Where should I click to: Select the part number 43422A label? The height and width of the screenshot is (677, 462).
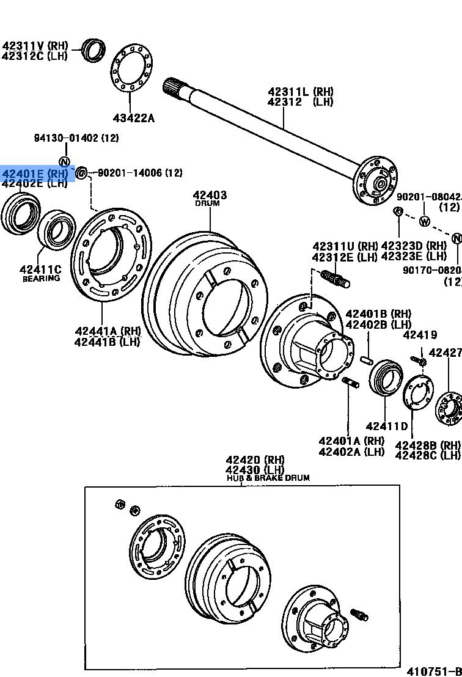133,117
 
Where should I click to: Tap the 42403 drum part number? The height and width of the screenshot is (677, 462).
210,195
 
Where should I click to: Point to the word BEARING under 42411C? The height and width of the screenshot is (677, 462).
42,279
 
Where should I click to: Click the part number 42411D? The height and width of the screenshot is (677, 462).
386,426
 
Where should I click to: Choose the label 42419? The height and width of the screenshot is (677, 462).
420,335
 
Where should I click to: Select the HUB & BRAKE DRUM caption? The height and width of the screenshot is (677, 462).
268,478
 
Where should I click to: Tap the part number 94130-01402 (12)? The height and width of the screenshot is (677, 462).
76,138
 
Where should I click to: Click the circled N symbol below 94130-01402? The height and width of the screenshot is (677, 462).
64,162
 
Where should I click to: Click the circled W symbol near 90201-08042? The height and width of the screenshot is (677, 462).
425,221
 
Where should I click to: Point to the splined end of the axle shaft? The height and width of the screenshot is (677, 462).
174,87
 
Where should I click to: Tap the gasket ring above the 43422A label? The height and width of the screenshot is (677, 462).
132,69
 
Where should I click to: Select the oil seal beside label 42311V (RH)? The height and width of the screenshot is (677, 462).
94,49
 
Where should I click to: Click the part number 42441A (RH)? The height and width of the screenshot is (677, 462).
108,331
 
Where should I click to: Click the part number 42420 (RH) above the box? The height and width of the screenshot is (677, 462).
255,460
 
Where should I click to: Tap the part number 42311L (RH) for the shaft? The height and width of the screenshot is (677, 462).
300,92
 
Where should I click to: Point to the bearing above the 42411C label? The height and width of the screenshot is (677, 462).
56,229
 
